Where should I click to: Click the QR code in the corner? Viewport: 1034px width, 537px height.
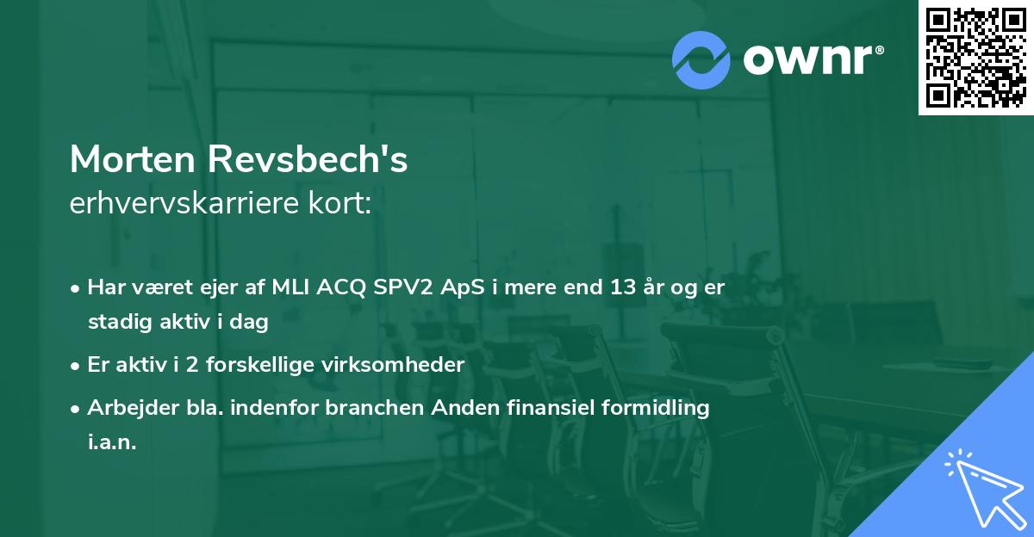(x=975, y=57)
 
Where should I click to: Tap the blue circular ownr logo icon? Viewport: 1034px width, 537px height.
(x=701, y=60)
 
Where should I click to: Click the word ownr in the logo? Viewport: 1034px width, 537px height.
(x=808, y=59)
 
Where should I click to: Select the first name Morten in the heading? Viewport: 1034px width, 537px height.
(x=133, y=159)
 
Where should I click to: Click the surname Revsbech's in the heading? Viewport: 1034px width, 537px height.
(x=308, y=159)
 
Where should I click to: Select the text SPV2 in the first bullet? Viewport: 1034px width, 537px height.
(x=403, y=287)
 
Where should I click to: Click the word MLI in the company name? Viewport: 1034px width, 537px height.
(x=291, y=287)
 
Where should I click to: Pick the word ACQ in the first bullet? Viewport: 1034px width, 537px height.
(x=341, y=288)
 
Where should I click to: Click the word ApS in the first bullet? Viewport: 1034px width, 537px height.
(x=462, y=288)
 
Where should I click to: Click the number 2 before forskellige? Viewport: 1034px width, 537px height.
(x=192, y=365)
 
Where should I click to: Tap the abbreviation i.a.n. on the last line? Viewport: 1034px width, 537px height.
(x=112, y=441)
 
